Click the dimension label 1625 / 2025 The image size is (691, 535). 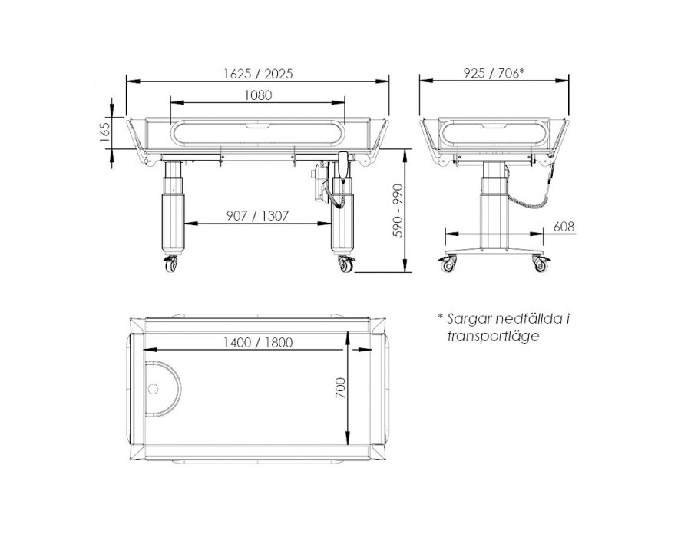(x=258, y=74)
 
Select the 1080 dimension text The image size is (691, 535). (x=258, y=95)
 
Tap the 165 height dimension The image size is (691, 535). (x=104, y=131)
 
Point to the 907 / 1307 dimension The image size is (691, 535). (x=257, y=216)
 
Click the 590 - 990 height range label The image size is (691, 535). (x=398, y=211)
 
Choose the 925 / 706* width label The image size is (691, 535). (x=493, y=74)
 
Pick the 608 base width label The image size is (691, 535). (x=564, y=227)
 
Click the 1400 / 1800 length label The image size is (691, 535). (x=258, y=343)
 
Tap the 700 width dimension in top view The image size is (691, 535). (x=341, y=388)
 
